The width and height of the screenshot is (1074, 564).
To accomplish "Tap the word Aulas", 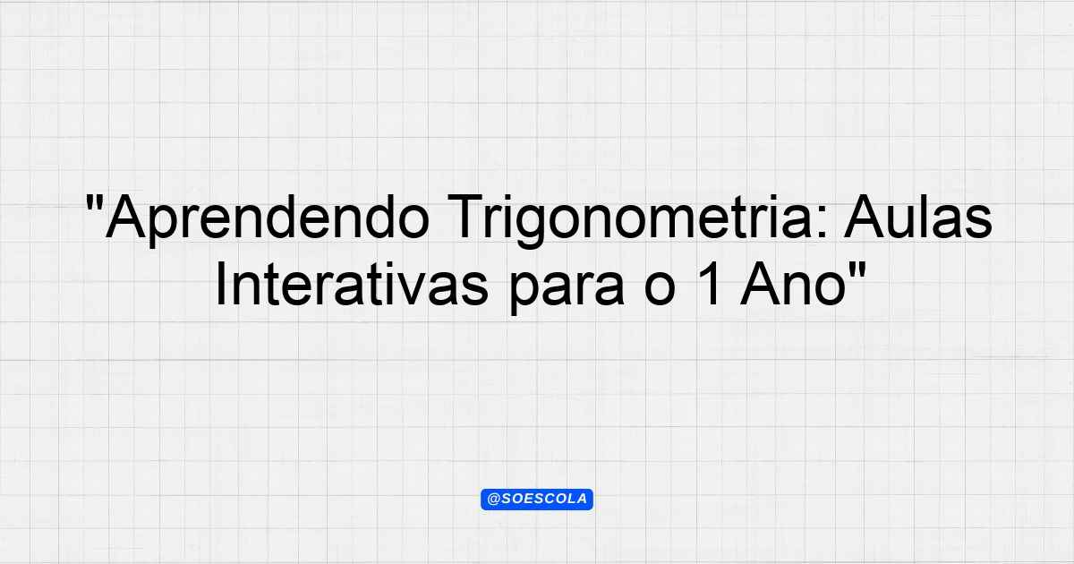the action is point(918,217).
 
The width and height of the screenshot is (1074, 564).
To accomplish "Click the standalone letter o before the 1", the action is point(660,289).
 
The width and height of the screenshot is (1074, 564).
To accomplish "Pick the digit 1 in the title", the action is point(710,284).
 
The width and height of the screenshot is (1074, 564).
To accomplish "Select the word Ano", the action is point(793,284).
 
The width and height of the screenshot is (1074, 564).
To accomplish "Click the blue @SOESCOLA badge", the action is point(537,500).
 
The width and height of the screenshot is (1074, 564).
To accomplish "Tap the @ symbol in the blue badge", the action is point(494,500).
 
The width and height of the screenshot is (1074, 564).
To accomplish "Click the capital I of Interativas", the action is point(220,284).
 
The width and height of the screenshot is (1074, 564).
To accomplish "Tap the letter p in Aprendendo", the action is point(165,226).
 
